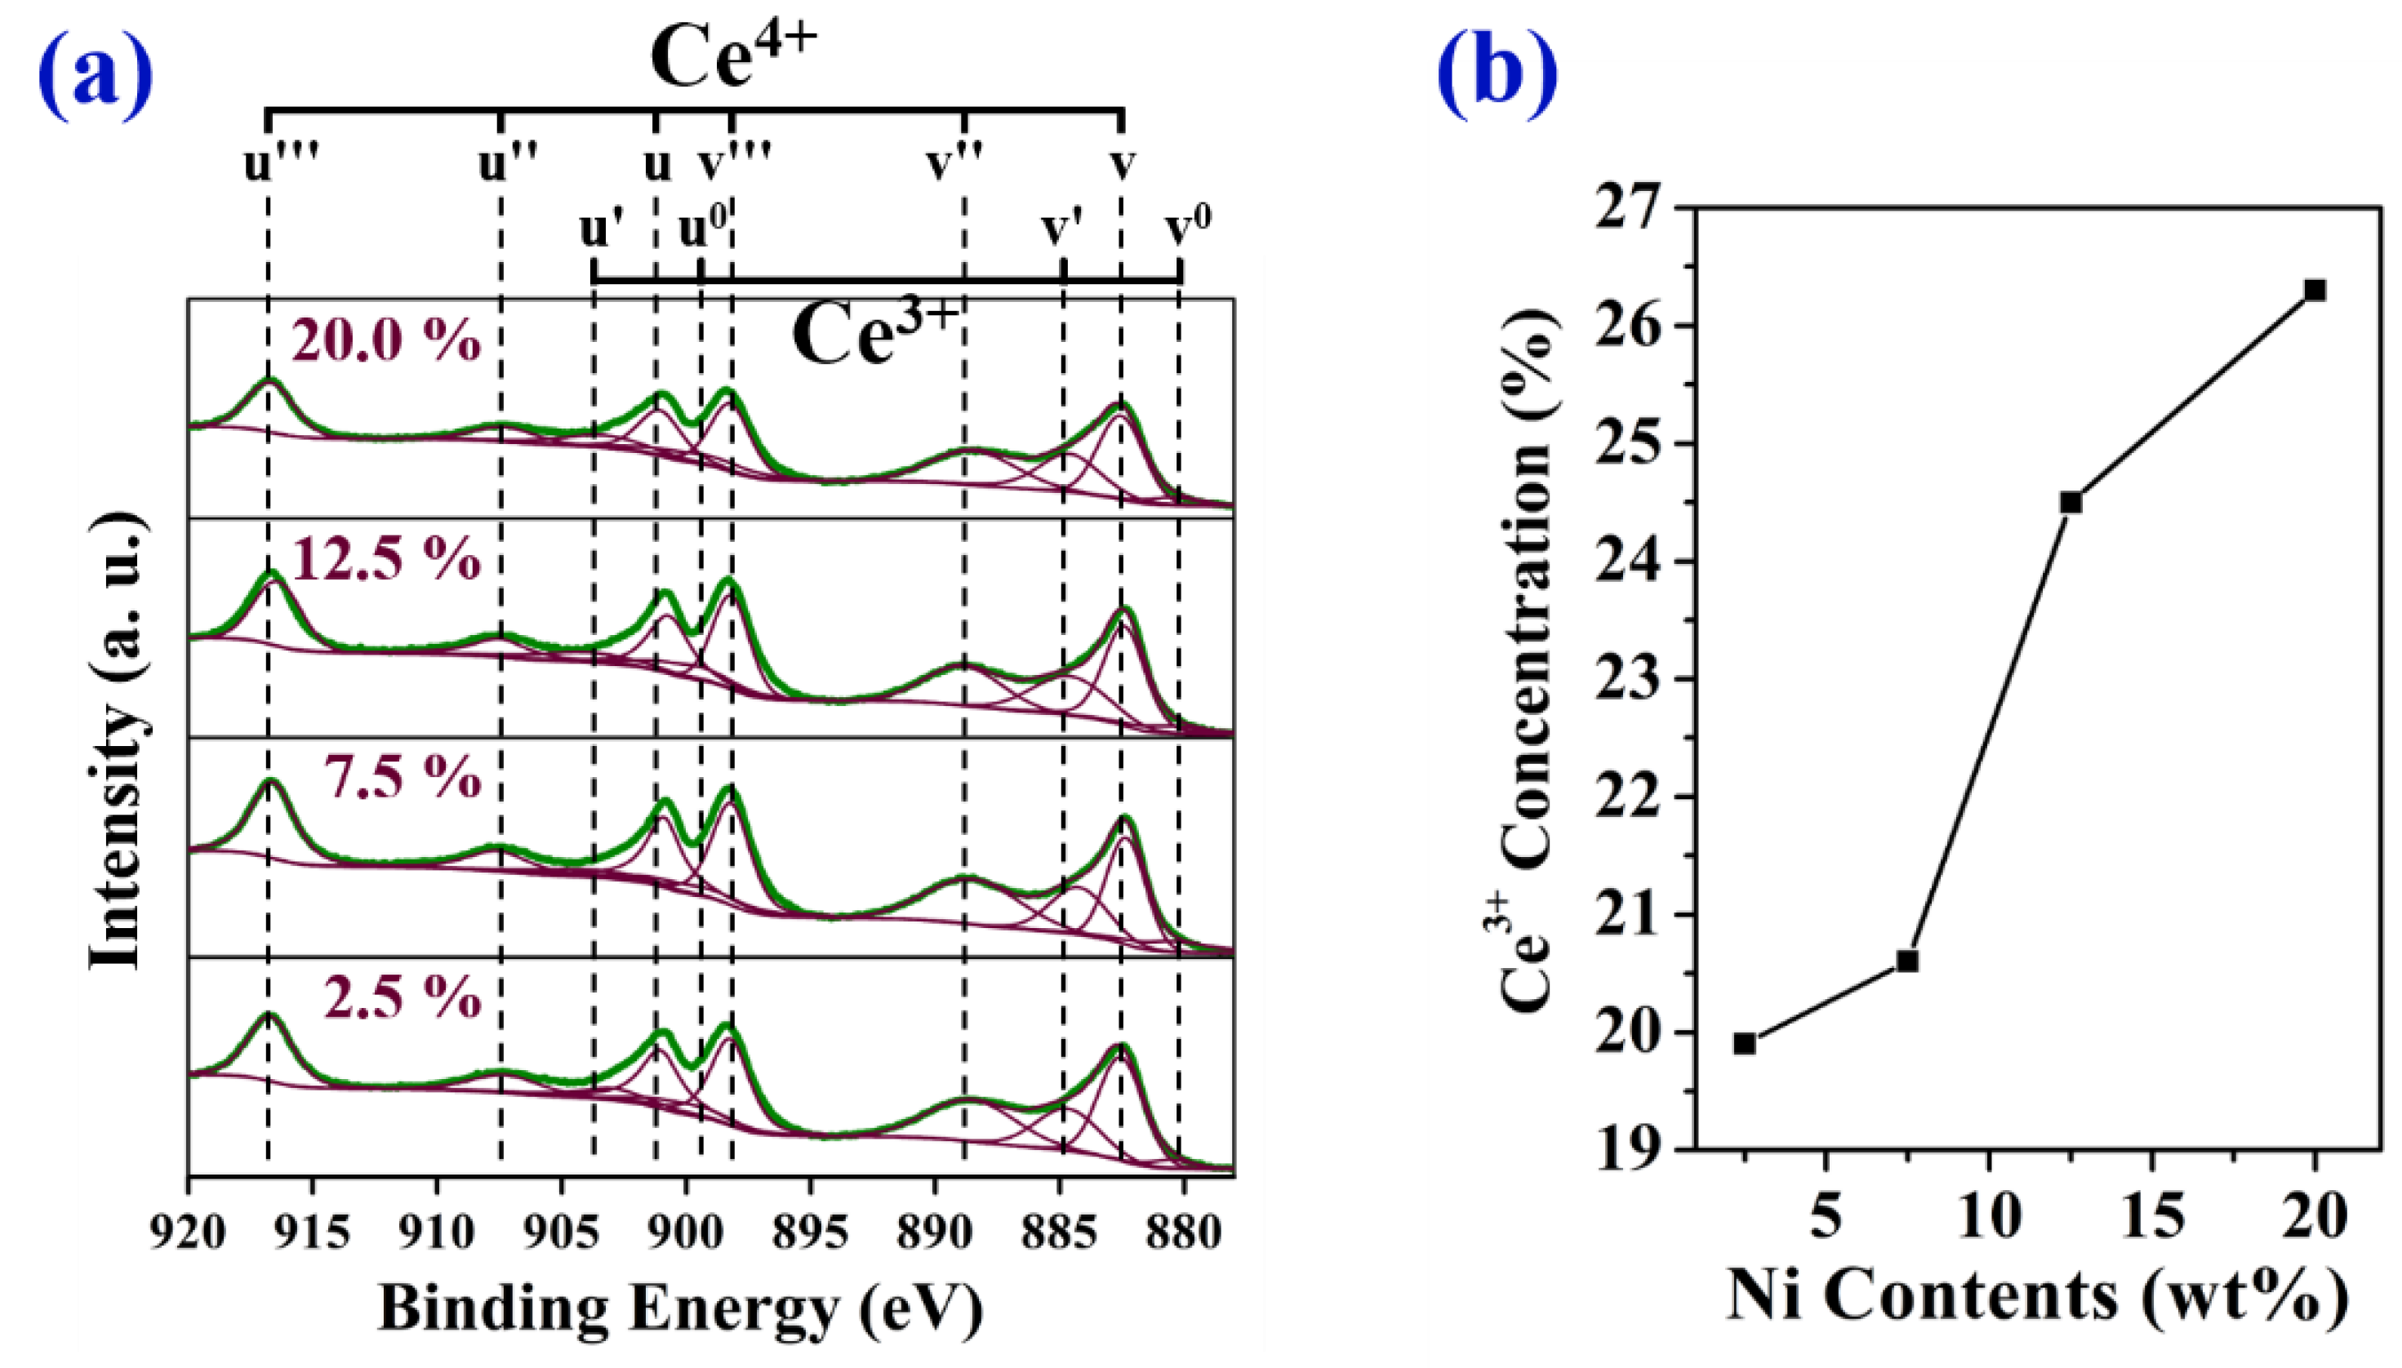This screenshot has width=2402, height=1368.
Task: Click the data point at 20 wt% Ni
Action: pos(2315,291)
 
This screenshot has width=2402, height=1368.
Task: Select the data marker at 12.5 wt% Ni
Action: pos(2071,503)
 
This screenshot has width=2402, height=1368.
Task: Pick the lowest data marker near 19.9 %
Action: pos(1745,1043)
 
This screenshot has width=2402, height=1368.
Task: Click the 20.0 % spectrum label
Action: pos(386,340)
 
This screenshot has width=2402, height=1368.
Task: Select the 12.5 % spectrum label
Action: pos(386,560)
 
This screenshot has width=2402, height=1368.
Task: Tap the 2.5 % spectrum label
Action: pos(403,997)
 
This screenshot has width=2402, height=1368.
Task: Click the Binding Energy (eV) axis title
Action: pos(680,1308)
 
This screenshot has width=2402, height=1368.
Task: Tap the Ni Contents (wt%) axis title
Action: pos(2036,1298)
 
